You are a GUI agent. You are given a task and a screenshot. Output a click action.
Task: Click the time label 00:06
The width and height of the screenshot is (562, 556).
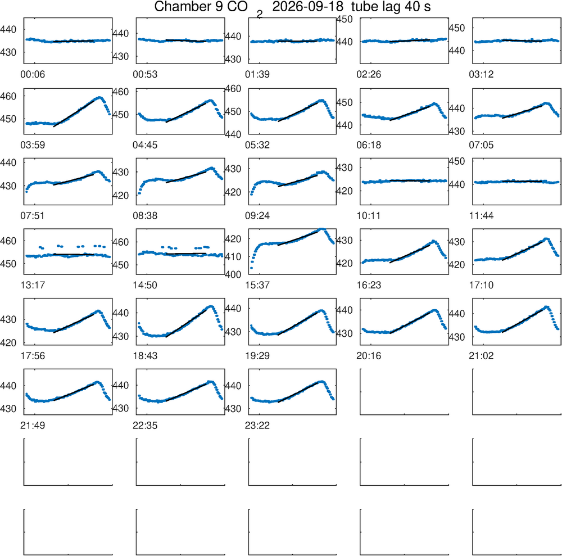pos(33,75)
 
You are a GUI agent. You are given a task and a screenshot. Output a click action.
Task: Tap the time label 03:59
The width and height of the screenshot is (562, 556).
pos(33,145)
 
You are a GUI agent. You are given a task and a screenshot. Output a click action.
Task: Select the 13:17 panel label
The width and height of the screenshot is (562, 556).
pos(33,286)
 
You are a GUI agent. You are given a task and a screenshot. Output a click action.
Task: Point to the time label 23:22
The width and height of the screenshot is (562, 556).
pos(257,426)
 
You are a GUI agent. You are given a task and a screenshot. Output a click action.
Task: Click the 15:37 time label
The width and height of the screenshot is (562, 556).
pos(257,286)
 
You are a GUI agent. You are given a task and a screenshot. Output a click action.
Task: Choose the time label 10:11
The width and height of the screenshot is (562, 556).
pos(369,216)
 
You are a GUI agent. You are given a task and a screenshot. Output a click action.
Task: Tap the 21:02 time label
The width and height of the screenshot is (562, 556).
pos(482,356)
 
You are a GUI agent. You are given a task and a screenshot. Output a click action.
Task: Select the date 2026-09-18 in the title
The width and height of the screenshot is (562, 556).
pos(308,6)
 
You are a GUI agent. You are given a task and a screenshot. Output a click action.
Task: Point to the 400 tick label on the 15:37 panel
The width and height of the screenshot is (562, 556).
pos(233,274)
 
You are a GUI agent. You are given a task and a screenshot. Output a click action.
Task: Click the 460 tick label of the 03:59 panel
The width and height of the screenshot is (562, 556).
pos(8,96)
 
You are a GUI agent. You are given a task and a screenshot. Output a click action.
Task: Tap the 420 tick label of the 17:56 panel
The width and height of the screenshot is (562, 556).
pos(8,343)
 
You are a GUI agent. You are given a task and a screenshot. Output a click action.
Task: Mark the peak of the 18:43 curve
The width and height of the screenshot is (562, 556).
pos(211,306)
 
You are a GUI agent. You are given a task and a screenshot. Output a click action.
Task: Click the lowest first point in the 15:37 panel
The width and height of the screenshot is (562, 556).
pos(251,268)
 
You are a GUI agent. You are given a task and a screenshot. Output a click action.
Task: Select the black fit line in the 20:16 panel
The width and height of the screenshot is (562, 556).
pos(410,323)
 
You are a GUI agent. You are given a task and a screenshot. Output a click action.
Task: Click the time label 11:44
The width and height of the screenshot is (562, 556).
pos(482,216)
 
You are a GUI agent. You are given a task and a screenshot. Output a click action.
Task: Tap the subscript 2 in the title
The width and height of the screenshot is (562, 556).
pos(260,15)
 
